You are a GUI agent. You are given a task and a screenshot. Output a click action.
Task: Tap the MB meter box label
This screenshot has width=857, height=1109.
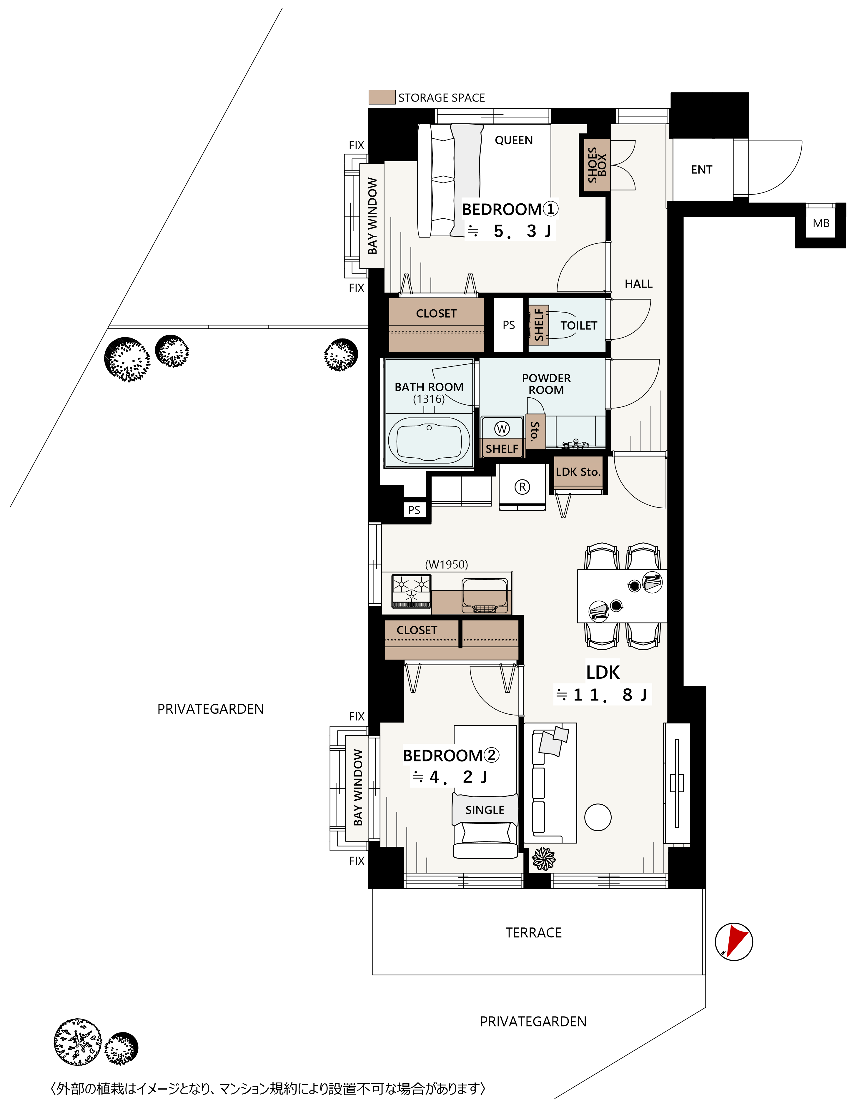pos(821,223)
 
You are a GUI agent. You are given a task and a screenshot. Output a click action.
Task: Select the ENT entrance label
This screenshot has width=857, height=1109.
pos(702,170)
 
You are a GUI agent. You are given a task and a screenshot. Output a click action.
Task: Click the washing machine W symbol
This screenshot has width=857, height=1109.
pos(502,429)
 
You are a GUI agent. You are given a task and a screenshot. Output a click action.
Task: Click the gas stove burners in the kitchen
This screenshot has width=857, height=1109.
pos(411,590)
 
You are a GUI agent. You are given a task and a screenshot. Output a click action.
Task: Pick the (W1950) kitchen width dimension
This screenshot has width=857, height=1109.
pos(447,564)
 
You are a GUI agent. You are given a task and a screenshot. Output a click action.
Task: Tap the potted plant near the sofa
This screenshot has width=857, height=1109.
pos(544,859)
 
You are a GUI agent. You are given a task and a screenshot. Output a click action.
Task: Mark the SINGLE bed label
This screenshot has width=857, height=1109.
pos(485,810)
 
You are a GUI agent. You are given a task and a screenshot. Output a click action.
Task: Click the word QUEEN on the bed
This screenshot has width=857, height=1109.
pos(514,140)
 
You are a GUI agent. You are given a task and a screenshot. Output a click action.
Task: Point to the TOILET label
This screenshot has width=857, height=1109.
pos(579,326)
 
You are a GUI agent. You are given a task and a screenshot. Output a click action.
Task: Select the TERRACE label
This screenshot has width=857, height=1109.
pos(534,933)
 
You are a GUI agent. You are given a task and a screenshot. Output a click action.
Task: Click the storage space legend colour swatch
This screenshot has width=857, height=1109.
pos(382,97)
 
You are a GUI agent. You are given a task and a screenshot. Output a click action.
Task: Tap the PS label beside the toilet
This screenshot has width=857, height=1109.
pos(509,325)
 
